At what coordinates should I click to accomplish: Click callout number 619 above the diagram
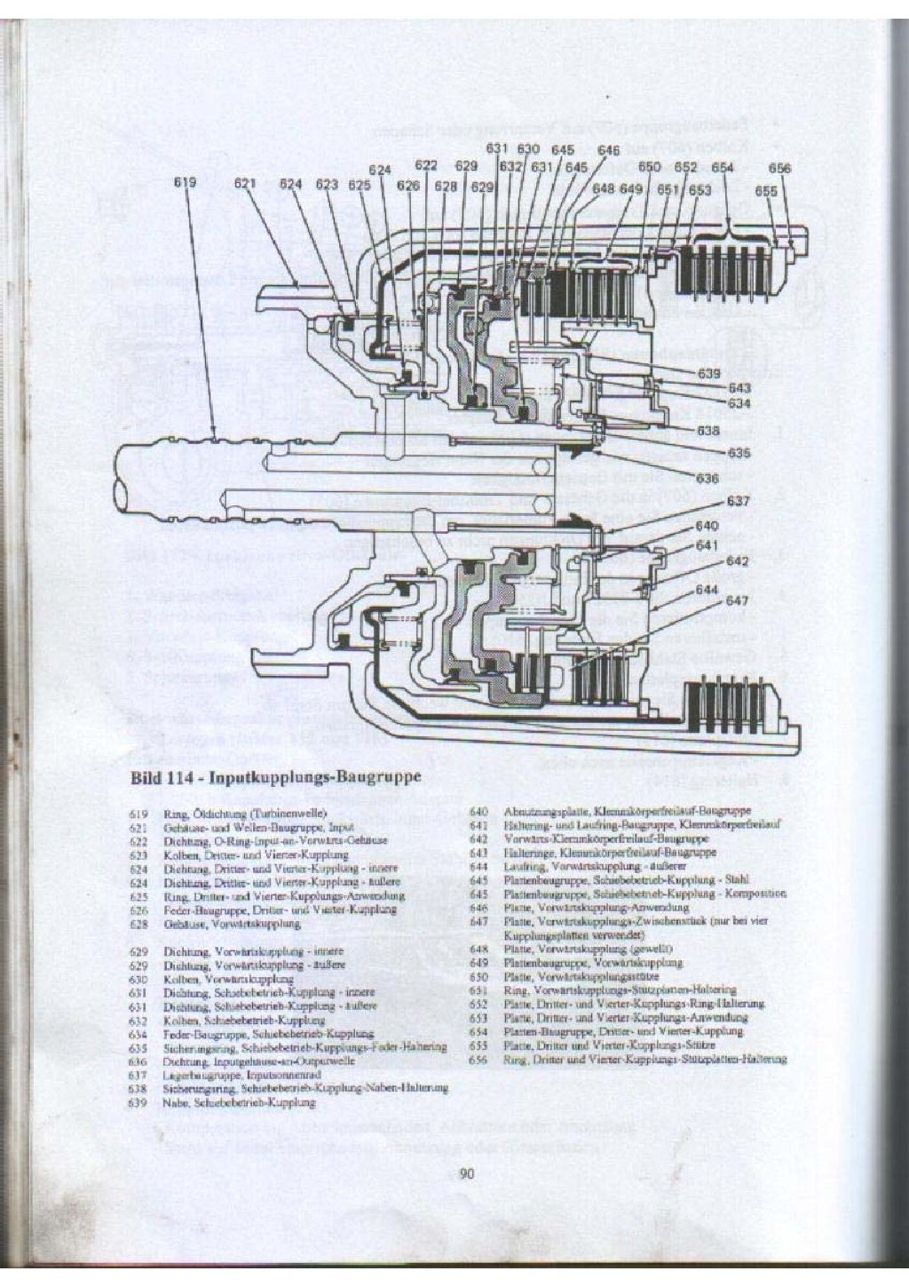[185, 184]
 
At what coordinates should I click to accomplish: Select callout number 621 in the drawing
[245, 184]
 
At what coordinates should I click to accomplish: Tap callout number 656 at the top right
[779, 168]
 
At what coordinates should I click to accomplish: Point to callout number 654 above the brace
[723, 167]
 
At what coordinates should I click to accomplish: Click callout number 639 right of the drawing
[708, 374]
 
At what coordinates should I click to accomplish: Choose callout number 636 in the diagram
[707, 479]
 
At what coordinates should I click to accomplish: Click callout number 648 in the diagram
[604, 188]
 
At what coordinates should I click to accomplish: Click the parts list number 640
[478, 811]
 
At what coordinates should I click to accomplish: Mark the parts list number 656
[478, 1059]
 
